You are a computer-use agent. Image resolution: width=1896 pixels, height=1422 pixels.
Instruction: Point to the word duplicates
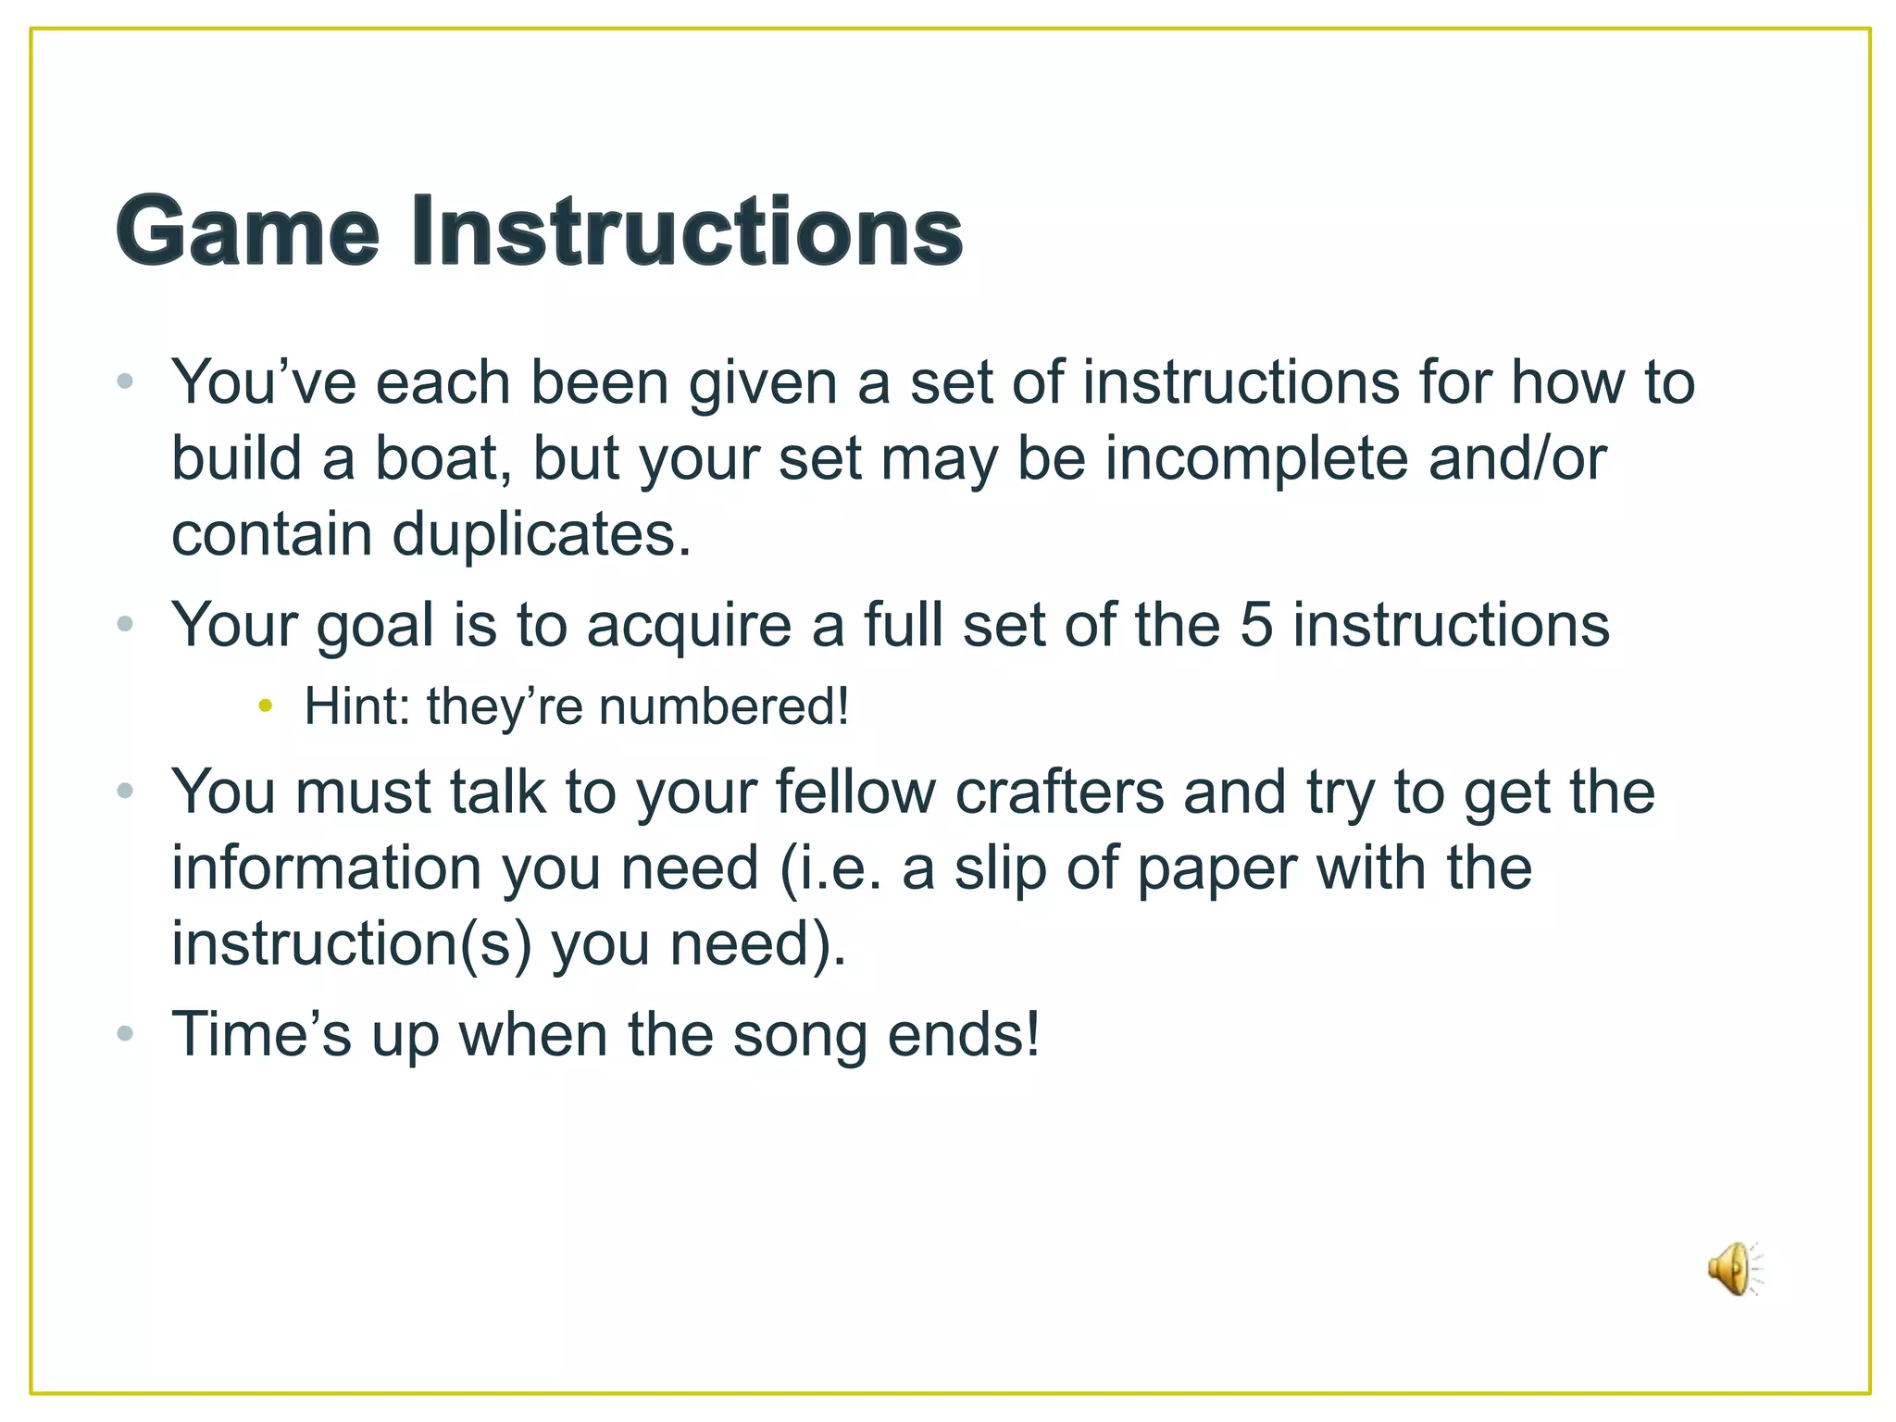point(542,535)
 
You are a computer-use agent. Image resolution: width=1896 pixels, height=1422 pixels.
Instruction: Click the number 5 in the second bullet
point(1255,625)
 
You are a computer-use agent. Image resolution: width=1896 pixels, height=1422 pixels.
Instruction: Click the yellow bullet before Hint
point(266,706)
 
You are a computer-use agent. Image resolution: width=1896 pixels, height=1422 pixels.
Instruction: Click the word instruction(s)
point(351,944)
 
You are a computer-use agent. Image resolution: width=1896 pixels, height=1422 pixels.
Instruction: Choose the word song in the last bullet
point(800,1034)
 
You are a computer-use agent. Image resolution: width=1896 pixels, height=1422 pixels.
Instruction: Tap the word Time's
point(261,1034)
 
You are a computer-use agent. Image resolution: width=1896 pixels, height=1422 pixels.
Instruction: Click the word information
point(326,868)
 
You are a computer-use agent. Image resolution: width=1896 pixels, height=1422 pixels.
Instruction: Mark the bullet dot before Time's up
point(126,1033)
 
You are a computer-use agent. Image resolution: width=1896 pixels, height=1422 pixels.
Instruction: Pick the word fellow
point(854,792)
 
